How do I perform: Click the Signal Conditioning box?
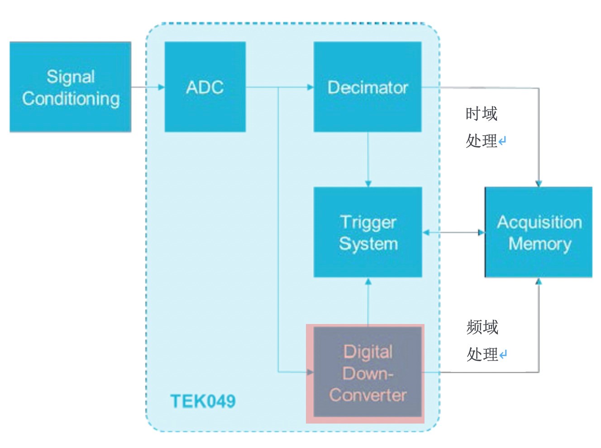pos(70,87)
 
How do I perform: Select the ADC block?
pos(205,87)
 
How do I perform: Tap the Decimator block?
pos(367,87)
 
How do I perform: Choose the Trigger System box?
pos(368,232)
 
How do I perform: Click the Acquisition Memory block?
pos(539,232)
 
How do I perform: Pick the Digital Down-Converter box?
pos(367,373)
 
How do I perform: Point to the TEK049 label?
pos(203,401)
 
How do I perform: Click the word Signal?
pos(71,76)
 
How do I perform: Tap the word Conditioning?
pos(71,99)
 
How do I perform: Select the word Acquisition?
pos(539,222)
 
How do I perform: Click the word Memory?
pos(539,243)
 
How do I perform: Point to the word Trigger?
pos(368,222)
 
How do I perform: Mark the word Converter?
pos(367,395)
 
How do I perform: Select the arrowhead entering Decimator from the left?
pos(310,87)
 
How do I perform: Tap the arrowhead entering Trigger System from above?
pos(368,183)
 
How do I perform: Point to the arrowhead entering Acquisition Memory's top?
pos(539,183)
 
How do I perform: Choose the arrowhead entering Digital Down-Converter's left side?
pos(310,372)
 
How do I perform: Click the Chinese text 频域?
pos(482,327)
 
